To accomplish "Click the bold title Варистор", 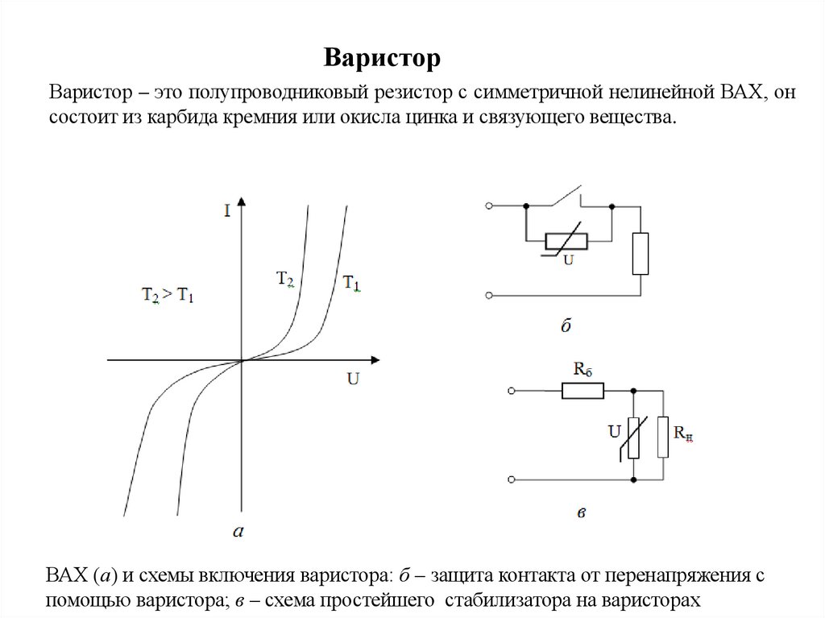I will (383, 58).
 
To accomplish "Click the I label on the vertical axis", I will (228, 212).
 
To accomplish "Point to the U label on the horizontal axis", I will (353, 377).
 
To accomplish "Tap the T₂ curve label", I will (285, 280).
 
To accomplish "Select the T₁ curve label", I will (352, 283).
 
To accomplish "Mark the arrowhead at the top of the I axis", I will (242, 198).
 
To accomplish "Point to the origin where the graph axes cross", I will (242, 360).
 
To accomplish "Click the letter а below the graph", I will (238, 530).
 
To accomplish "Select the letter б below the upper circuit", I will (564, 326).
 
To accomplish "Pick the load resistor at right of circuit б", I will (640, 254).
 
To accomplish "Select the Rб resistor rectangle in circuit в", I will (582, 392).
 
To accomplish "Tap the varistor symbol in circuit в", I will (632, 437).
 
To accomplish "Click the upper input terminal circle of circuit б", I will (488, 207).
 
